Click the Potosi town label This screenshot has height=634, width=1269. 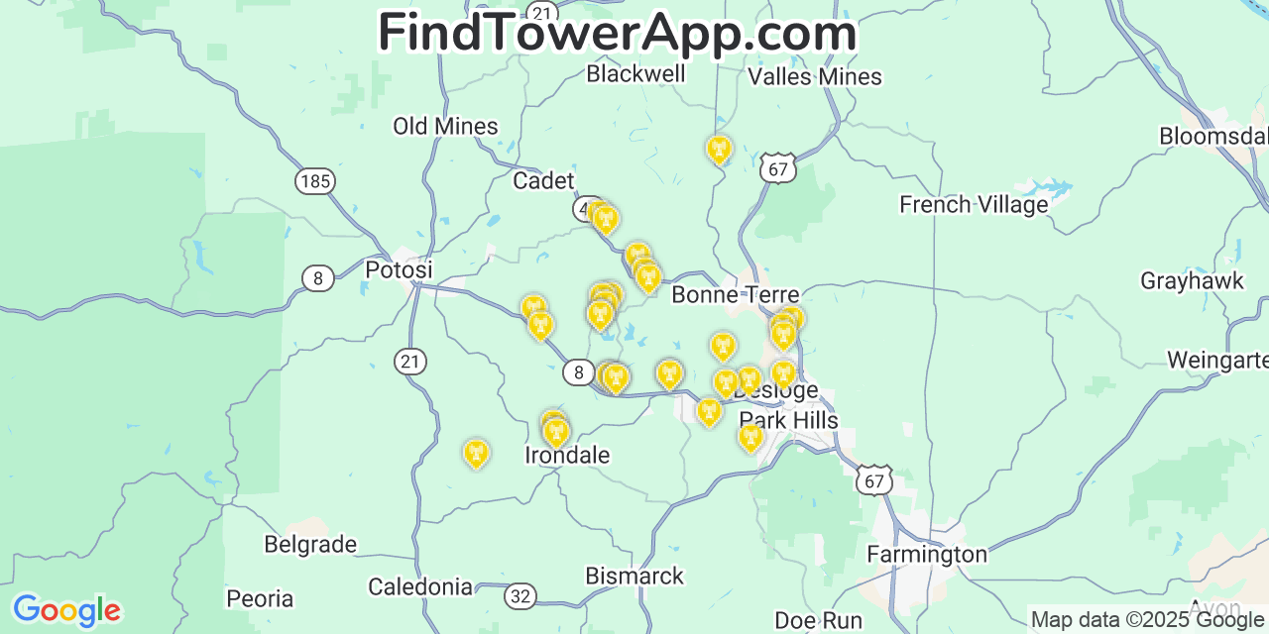(399, 269)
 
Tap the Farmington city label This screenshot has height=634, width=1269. (927, 554)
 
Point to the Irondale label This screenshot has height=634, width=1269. (567, 455)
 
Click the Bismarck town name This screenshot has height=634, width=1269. (634, 576)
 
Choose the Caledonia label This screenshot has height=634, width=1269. (420, 586)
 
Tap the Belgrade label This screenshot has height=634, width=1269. (310, 544)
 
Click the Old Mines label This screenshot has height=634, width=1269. (445, 126)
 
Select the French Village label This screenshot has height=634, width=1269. (974, 204)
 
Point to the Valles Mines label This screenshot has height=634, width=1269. (815, 76)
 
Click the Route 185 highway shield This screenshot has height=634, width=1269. (314, 181)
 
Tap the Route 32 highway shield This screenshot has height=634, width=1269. (521, 596)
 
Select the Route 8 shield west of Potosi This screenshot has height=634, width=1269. (317, 278)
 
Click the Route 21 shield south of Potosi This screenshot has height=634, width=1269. (410, 362)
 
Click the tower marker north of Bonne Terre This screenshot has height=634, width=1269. (719, 150)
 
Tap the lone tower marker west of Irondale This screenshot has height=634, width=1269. (477, 454)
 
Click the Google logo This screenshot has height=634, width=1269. (65, 609)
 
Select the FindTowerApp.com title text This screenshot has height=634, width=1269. (617, 33)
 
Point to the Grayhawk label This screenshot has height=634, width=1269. (1192, 280)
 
